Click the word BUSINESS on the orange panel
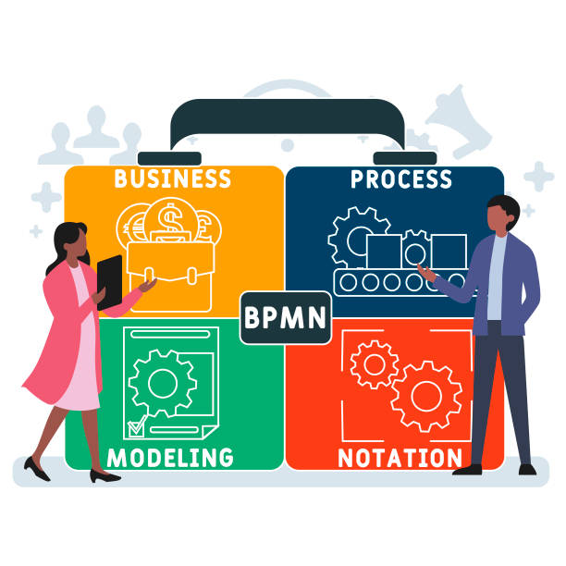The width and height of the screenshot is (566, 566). pos(173,178)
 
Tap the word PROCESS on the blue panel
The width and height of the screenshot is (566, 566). pos(401,179)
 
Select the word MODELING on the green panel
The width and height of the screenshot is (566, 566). pos(170,458)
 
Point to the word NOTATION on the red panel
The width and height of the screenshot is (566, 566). pos(400,458)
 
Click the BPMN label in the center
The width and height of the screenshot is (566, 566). pos(286,317)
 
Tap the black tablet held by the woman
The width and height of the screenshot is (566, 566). pos(109,282)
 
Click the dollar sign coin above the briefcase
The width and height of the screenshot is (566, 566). pos(171,219)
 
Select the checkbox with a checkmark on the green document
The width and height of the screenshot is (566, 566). pos(137,427)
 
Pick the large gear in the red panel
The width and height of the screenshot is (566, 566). pos(426,397)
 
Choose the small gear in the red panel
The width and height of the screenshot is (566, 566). pos(375,364)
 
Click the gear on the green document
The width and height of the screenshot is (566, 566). pos(163,384)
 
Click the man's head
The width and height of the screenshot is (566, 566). pos(502,214)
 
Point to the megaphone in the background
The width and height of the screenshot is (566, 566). pos(459,121)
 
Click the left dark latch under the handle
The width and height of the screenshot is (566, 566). pos(169,159)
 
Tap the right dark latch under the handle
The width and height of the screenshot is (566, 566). pos(405,158)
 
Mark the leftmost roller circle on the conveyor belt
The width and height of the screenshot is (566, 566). pos(349,282)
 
